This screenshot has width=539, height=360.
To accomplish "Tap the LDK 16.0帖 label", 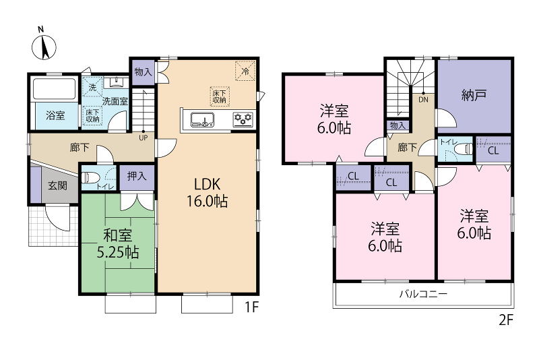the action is (207, 193).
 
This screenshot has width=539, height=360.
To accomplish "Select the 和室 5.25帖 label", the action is (118, 244).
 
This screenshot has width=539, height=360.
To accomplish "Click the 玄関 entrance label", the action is (57, 185).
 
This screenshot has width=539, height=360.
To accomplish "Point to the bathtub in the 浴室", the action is (54, 89).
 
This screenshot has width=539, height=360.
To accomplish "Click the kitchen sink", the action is (203, 119).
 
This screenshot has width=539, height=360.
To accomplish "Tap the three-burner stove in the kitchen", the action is (243, 119).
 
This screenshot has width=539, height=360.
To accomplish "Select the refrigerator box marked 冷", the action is (245, 71).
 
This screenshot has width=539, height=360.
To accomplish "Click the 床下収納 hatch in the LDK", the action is (220, 96).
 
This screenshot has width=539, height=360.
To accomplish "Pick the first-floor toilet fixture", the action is (90, 178).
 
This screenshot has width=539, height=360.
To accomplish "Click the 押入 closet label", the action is (137, 176).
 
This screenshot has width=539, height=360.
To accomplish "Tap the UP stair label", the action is (144, 138).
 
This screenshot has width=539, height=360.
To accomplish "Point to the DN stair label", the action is (424, 100).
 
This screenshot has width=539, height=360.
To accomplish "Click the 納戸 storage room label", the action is (474, 95).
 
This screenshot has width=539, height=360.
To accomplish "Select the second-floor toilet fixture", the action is (464, 149).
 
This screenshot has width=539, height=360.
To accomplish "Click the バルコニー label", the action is (423, 294).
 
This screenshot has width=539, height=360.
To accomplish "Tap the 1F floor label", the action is (251, 307).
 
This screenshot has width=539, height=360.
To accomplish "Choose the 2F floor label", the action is (506, 320).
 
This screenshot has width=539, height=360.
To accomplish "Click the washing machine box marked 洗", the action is (92, 87).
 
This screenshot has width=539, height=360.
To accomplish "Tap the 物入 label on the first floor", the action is (143, 72).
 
